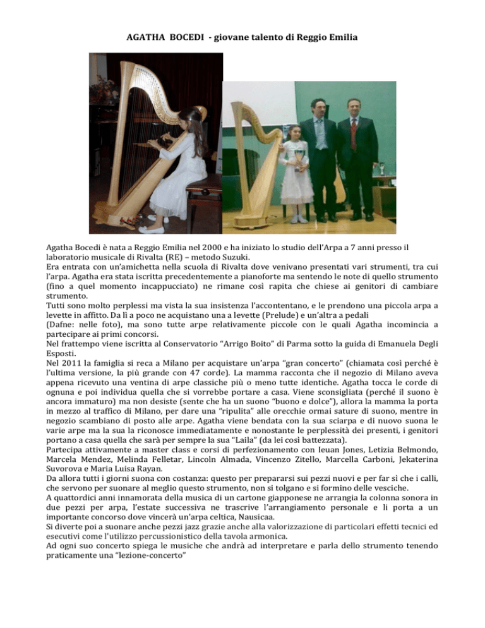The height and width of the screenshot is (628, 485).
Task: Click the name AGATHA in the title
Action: pyautogui.click(x=147, y=38)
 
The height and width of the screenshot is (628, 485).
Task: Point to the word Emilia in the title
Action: pyautogui.click(x=341, y=38)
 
